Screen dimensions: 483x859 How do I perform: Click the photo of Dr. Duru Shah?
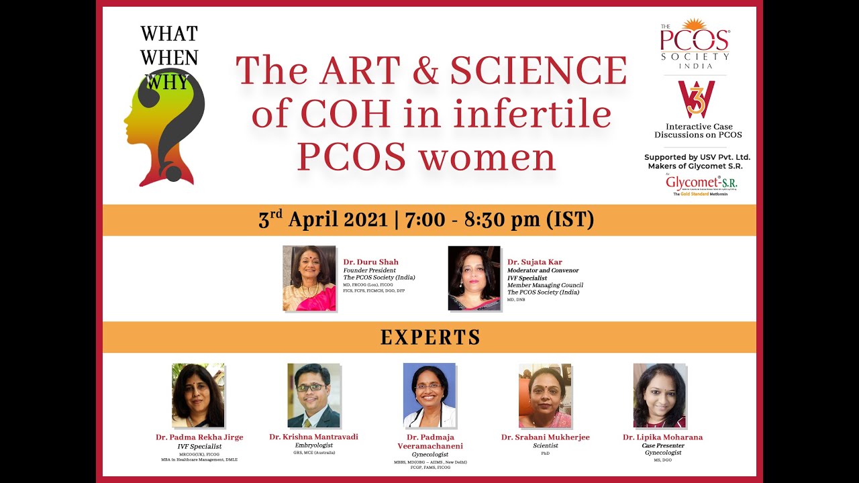point(309,278)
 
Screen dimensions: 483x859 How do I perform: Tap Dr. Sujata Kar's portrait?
point(474,278)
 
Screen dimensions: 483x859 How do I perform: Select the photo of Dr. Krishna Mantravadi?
point(313,395)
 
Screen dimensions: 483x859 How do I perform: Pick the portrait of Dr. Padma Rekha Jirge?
point(198,395)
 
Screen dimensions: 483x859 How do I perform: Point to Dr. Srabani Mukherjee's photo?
point(544,395)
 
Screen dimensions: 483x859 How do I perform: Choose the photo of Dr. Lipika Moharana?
point(660,395)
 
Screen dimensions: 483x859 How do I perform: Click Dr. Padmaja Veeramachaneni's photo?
point(429,395)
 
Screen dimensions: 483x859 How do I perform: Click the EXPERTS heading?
point(430,337)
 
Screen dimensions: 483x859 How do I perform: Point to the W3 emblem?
point(696,99)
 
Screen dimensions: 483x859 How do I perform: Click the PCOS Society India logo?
point(695,44)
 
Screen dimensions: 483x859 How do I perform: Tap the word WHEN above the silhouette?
point(169,58)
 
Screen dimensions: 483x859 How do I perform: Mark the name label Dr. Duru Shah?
point(371,262)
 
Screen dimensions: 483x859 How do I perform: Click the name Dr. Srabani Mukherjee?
point(545,437)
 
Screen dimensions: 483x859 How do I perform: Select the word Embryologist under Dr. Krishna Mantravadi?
point(313,445)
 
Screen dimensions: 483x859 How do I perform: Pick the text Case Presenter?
point(662,445)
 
